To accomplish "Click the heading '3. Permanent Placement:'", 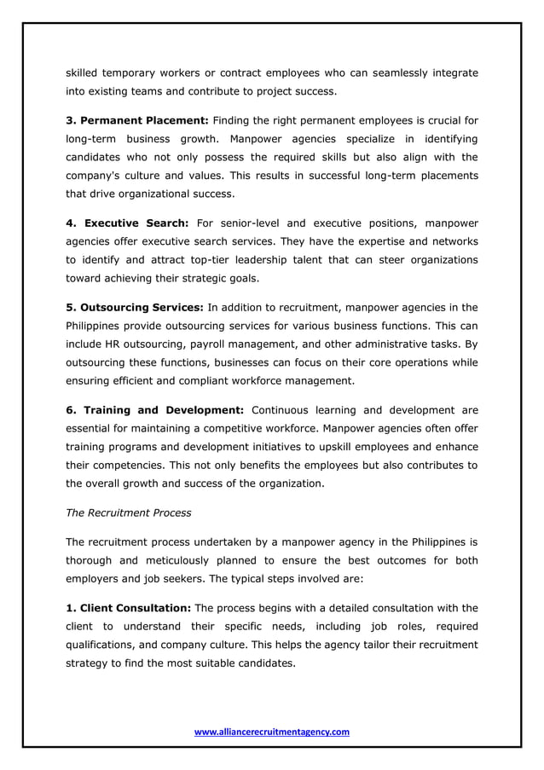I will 136,119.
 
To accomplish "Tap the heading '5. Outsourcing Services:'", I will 135,307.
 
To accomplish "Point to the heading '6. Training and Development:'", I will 155,411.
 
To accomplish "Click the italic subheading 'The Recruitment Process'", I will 128,513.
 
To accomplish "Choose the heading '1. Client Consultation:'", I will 129,608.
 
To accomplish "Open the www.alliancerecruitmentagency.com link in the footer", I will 272,732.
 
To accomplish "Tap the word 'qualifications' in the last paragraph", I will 104,645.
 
